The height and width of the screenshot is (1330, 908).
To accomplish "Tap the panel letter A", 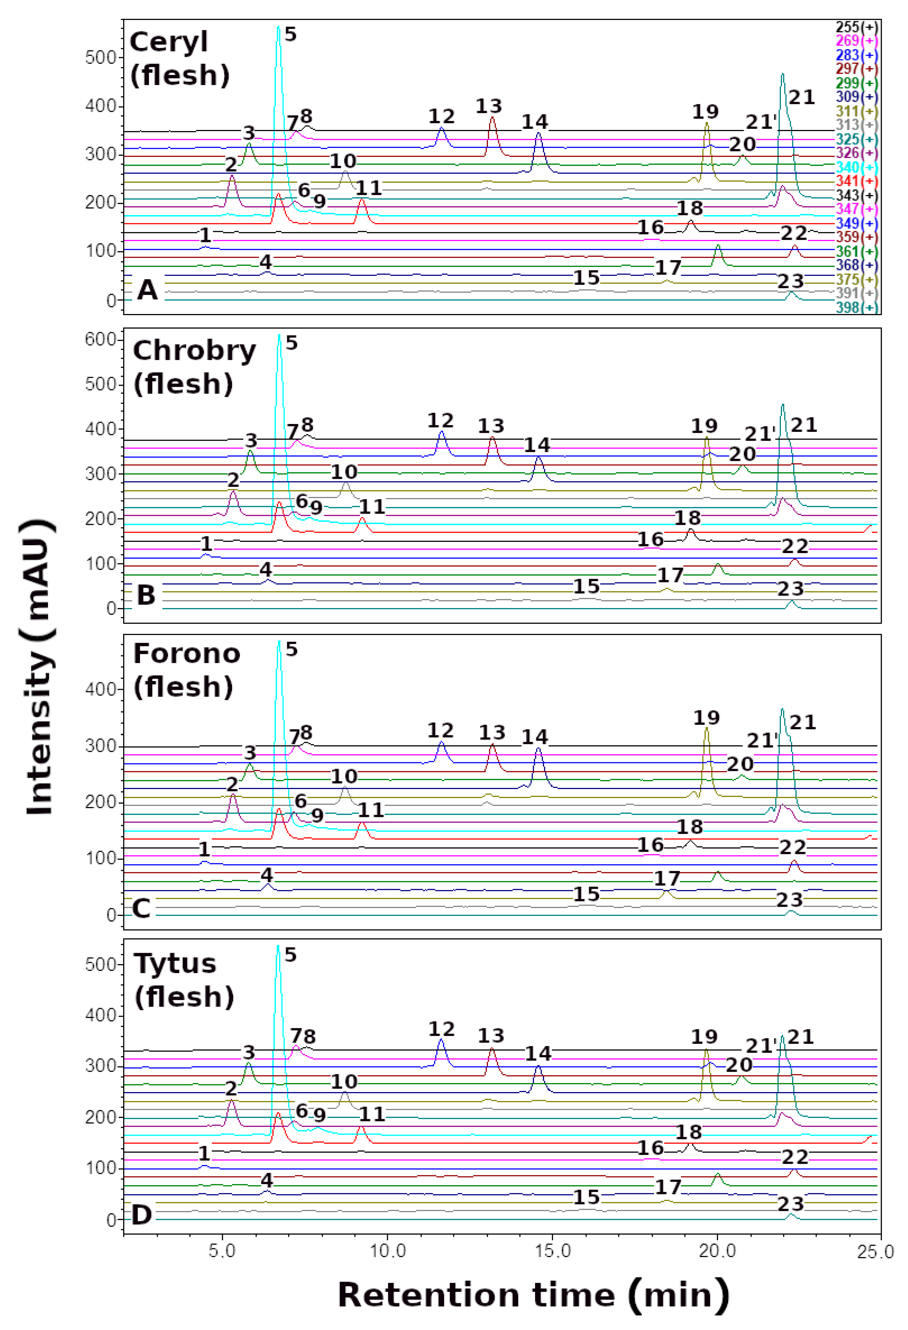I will pos(147,290).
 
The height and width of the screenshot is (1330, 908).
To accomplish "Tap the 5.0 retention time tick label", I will pos(222,1251).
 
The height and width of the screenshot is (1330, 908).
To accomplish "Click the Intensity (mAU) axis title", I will pos(40,667).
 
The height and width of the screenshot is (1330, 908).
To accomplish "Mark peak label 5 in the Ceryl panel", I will pos(291,34).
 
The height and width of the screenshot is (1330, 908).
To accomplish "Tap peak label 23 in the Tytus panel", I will pos(791,1203).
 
